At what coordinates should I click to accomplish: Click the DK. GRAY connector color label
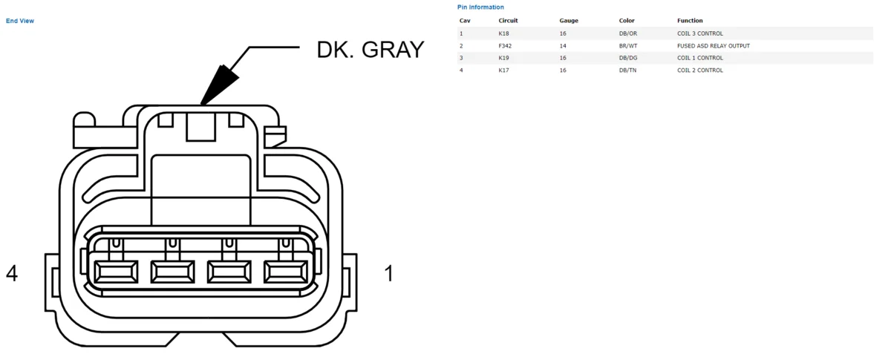click(371, 50)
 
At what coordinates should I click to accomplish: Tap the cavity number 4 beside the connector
click(12, 274)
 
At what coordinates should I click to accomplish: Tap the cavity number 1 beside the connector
click(389, 274)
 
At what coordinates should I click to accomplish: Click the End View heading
click(20, 21)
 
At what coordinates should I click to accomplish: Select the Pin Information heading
click(480, 7)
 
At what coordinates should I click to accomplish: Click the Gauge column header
click(569, 21)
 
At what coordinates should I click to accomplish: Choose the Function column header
click(690, 21)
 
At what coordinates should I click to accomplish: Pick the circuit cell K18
click(503, 33)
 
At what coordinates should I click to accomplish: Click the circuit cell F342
click(505, 46)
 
